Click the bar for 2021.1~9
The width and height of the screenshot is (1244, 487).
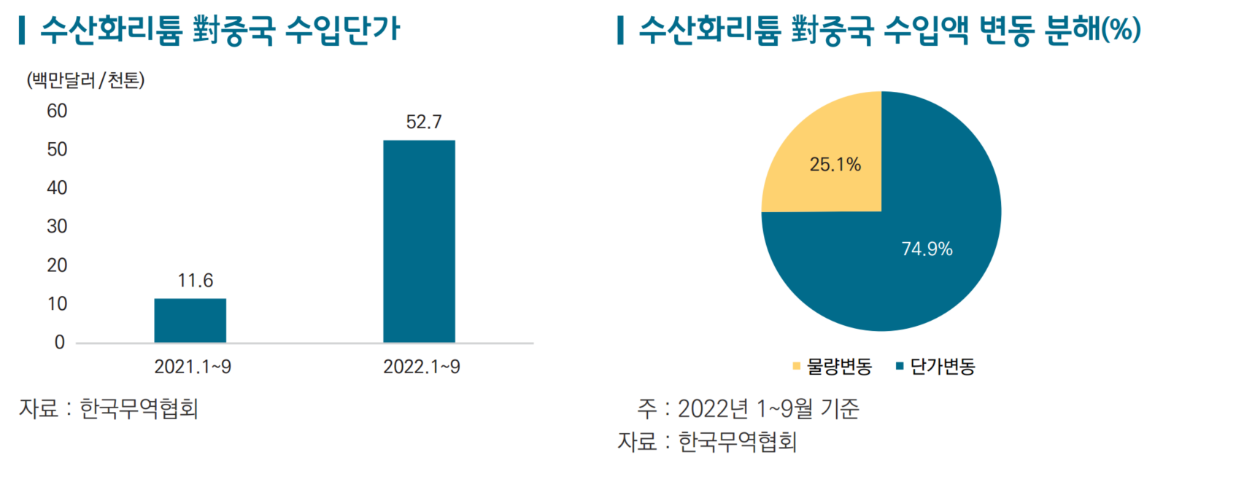pos(190,321)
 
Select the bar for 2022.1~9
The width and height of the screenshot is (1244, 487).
pos(419,241)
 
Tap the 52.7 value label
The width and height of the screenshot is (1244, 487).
pos(424,122)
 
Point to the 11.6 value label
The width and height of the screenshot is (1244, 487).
pos(196,281)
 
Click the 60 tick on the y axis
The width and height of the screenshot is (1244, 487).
pos(57,111)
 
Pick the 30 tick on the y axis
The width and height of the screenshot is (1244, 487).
pos(57,227)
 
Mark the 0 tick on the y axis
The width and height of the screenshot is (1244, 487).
pos(60,343)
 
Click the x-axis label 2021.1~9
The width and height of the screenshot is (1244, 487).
pos(193,367)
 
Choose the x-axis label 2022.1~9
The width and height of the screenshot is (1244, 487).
pos(422,367)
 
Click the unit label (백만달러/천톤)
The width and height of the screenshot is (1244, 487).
pos(85,80)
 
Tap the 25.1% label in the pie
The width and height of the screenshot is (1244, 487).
pos(835,165)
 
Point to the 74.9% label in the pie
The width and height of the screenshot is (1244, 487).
pos(927,249)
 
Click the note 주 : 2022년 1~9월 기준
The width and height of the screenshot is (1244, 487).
pos(748,408)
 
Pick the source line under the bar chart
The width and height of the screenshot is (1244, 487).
pos(109,408)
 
